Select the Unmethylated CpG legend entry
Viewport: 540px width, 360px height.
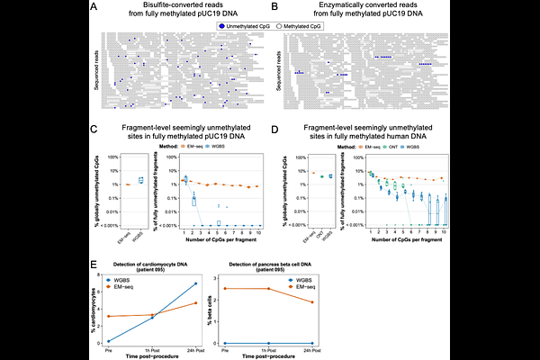pos(243,29)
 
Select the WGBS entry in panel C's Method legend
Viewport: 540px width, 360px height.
pos(227,145)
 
